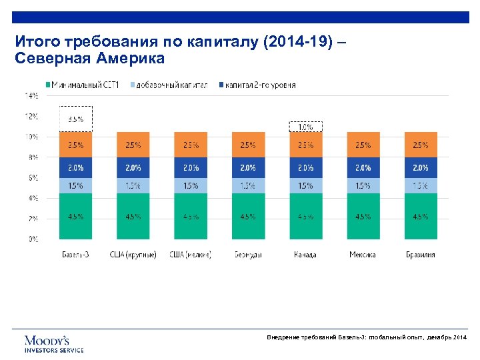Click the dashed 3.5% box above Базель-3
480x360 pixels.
[75, 119]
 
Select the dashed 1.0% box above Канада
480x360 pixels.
[305, 127]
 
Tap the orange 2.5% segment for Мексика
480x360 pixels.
[363, 145]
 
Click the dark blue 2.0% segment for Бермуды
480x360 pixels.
[247, 167]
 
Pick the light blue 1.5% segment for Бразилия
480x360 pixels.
[420, 185]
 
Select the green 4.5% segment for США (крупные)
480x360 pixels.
[133, 216]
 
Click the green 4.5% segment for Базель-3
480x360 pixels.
[75, 216]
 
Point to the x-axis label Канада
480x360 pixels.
[305, 255]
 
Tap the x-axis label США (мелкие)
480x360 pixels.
[190, 255]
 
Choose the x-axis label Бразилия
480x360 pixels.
[420, 255]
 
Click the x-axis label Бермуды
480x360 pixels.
[247, 255]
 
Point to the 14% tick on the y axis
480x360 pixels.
[31, 96]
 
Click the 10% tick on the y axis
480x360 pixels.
[31, 137]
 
